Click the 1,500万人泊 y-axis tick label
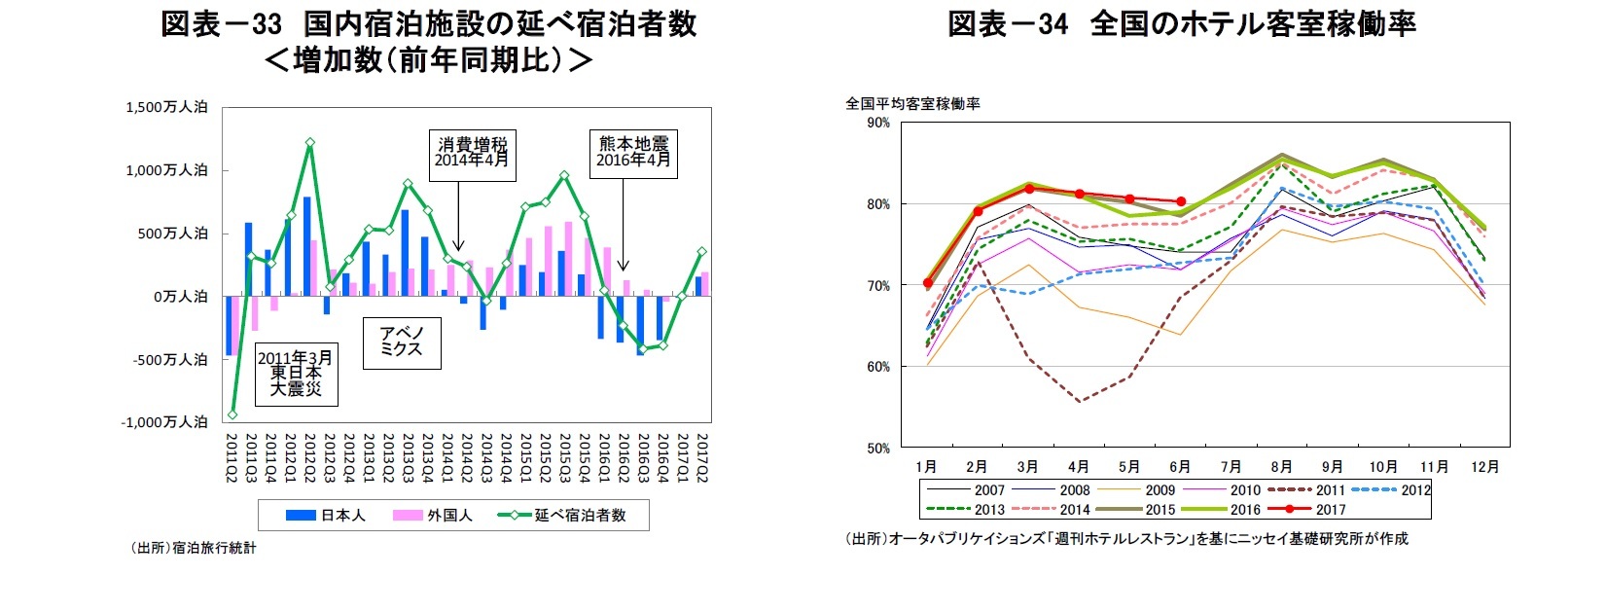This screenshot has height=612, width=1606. (165, 107)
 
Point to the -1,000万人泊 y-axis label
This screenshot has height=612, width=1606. (163, 422)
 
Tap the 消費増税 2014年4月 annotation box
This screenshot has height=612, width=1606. (472, 155)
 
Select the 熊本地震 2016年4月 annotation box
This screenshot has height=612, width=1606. (633, 154)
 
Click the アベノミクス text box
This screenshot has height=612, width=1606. (402, 342)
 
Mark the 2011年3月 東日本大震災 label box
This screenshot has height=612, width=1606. (295, 374)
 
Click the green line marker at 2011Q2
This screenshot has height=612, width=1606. (232, 414)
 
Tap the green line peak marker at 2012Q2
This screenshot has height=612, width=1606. (309, 143)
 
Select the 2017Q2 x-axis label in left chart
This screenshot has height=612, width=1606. (701, 457)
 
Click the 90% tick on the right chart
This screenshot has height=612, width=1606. (877, 123)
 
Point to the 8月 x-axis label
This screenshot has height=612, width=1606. (1281, 467)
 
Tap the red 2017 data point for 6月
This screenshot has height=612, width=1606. (1181, 201)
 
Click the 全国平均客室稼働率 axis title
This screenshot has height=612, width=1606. (912, 103)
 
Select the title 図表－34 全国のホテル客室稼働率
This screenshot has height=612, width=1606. (1181, 24)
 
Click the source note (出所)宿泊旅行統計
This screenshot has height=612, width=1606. (194, 548)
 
